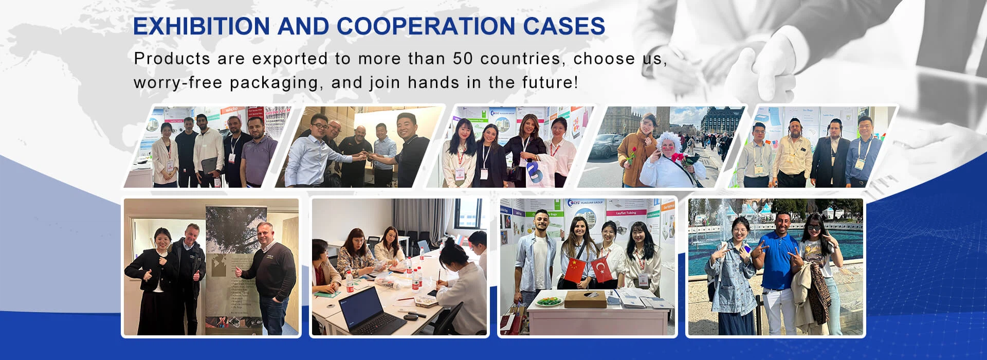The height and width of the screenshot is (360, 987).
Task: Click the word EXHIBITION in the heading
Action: pyautogui.click(x=201, y=27)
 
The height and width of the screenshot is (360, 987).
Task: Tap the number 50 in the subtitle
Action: pyautogui.click(x=463, y=59)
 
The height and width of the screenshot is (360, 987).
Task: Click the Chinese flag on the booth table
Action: pyautogui.click(x=575, y=271)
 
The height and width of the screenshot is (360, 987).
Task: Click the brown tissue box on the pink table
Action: pyautogui.click(x=585, y=299)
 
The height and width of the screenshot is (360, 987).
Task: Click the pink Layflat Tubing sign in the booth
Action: pyautogui.click(x=626, y=212)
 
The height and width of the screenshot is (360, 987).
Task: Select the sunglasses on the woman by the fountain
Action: pyautogui.click(x=814, y=228)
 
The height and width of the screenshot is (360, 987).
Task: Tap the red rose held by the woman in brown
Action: pyautogui.click(x=631, y=154)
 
